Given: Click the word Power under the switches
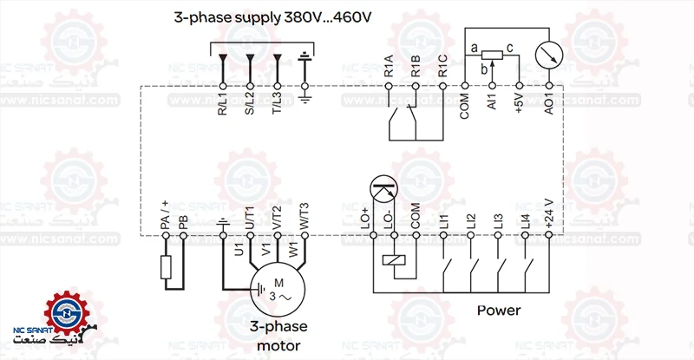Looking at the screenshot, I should (x=499, y=311).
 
